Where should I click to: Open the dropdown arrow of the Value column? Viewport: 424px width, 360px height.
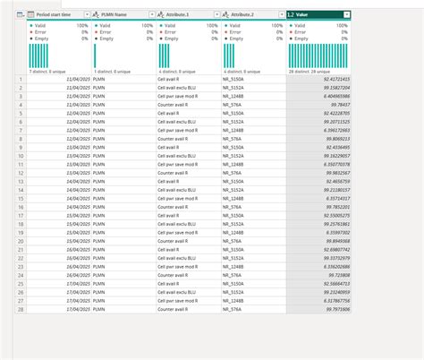tap(346, 15)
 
